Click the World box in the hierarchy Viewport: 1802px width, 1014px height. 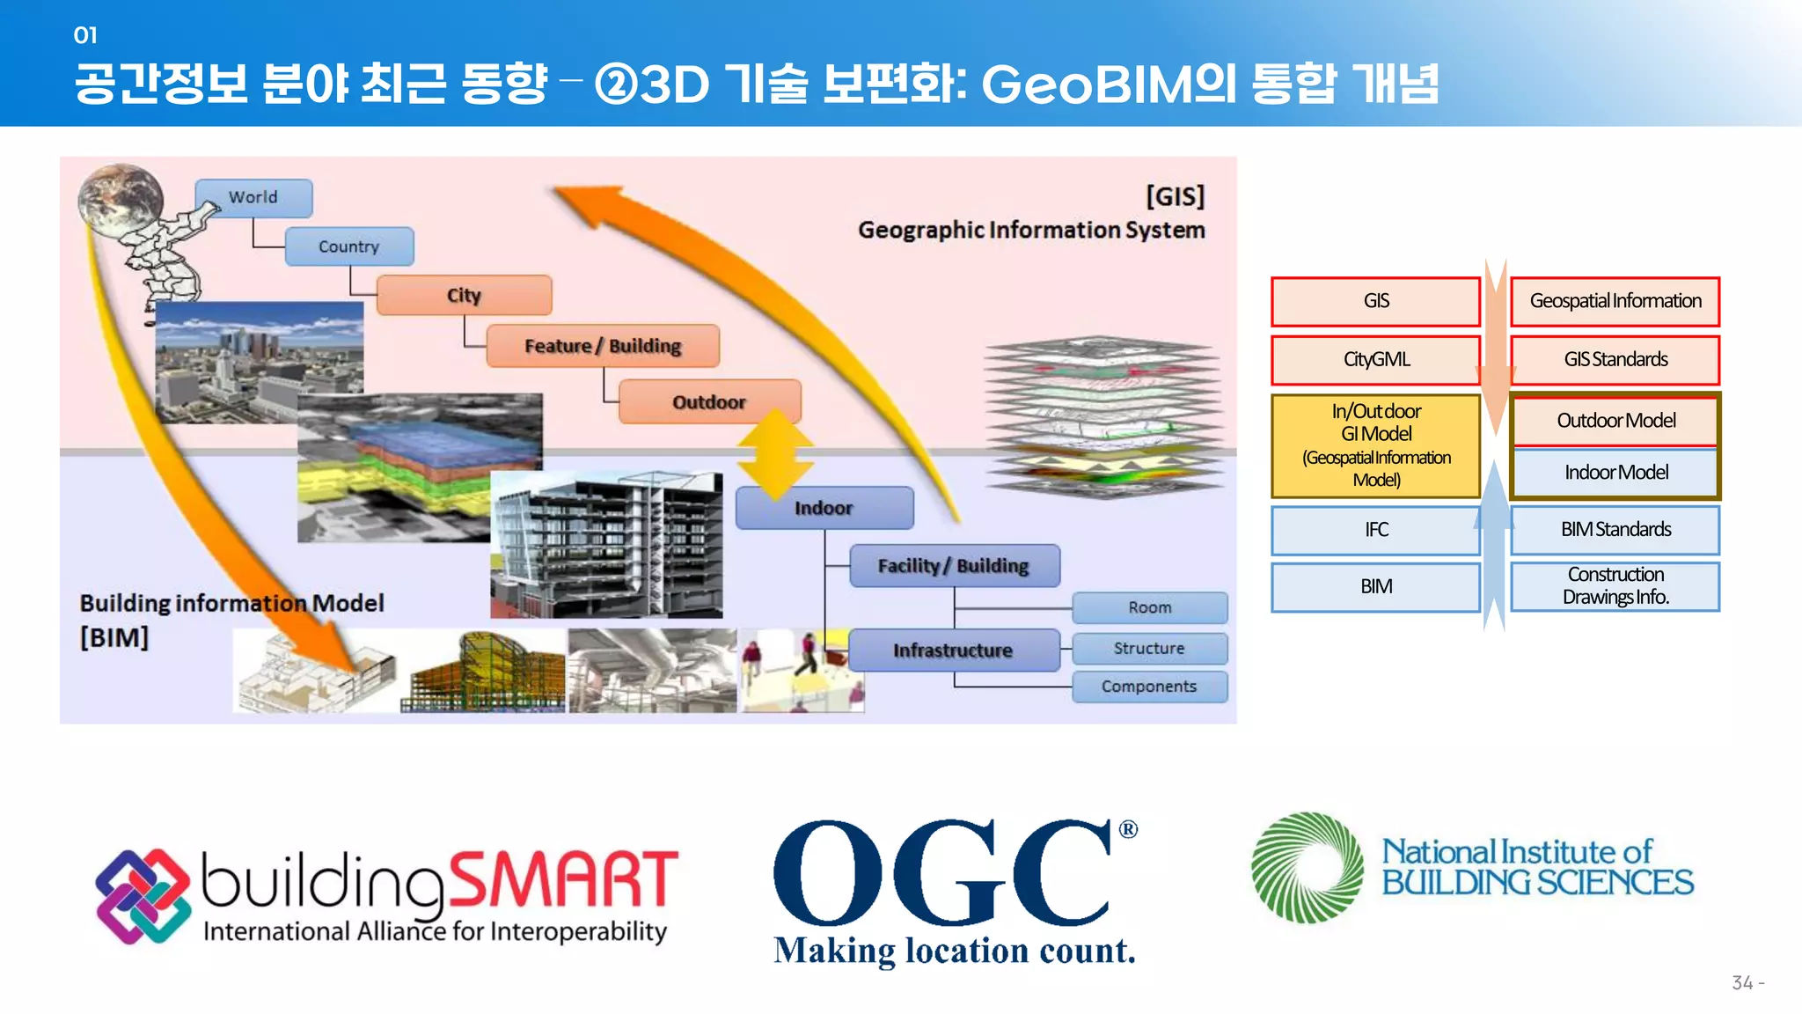[253, 198]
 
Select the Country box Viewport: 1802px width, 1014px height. [349, 246]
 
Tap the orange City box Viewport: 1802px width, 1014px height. [464, 295]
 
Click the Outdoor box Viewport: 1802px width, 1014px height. [709, 402]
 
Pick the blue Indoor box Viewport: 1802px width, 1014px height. [824, 508]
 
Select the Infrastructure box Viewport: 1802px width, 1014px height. [953, 650]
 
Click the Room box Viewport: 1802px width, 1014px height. [1149, 607]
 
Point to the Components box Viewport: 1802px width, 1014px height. [1149, 687]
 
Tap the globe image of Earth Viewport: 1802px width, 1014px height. [121, 201]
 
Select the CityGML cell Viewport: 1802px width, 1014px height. [1376, 359]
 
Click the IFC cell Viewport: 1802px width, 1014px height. [1376, 530]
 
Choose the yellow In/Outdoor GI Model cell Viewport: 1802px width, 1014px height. [1376, 445]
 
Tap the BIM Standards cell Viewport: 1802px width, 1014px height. [1615, 530]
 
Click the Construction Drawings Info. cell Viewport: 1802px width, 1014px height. [1615, 586]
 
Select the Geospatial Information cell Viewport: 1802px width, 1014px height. [1615, 301]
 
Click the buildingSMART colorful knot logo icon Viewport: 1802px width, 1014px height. [143, 896]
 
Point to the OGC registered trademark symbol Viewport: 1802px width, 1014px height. [1128, 829]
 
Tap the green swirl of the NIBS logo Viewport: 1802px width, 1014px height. [1307, 868]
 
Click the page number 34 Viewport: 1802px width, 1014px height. [1742, 983]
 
